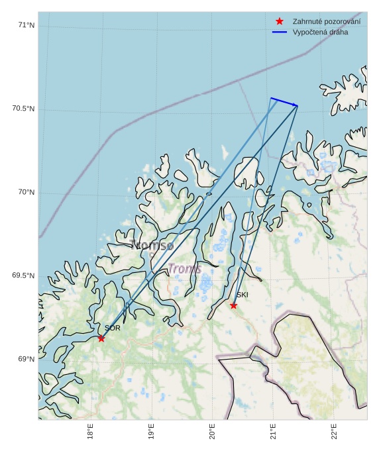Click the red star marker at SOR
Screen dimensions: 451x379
[101, 338]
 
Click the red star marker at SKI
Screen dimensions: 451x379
[233, 305]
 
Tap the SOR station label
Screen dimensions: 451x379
[113, 328]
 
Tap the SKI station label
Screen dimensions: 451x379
[243, 295]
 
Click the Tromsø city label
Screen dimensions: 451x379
[152, 245]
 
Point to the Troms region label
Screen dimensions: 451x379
[184, 269]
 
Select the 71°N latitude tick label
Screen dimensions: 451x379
[27, 25]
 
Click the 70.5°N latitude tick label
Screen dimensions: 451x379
[23, 109]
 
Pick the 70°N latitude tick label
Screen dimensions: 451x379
[27, 192]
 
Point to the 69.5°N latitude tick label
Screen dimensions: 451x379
[23, 276]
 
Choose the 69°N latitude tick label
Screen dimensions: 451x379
[27, 359]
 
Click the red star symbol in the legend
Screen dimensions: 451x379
[280, 22]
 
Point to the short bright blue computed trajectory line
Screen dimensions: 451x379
[284, 102]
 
